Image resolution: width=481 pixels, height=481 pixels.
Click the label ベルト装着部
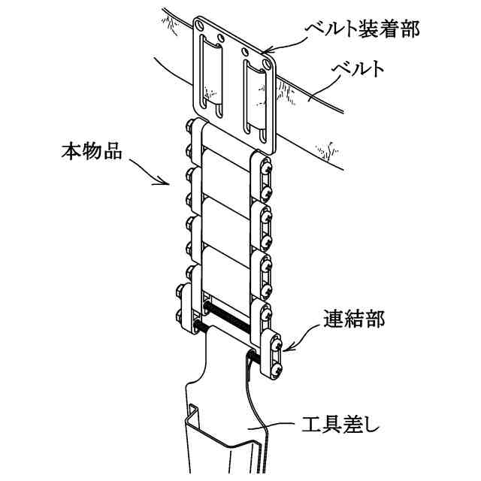[x=358, y=29]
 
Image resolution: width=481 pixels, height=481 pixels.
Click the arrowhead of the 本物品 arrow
[x=168, y=183]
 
